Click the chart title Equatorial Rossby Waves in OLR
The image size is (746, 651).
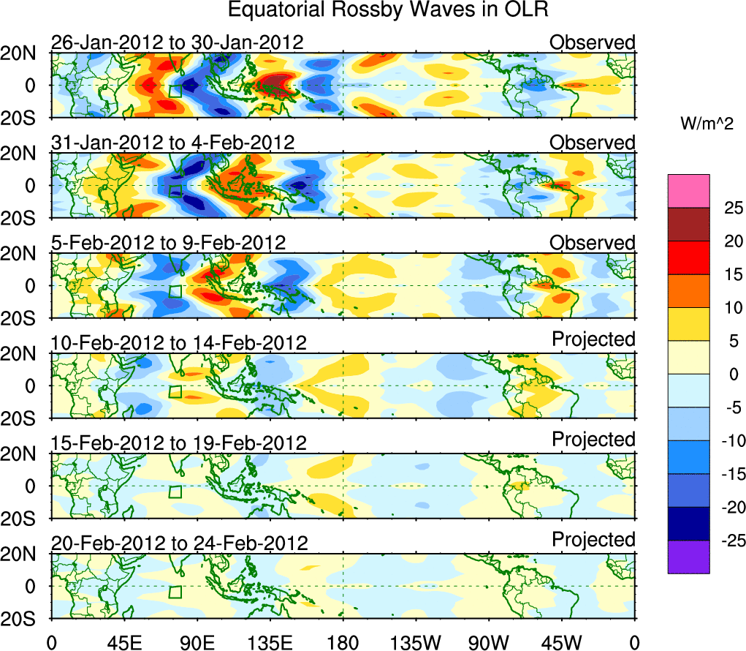click(387, 10)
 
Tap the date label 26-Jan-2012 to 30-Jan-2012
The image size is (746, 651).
click(177, 42)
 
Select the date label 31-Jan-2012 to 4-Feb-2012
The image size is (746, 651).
click(173, 143)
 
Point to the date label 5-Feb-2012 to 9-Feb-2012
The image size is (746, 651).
click(168, 243)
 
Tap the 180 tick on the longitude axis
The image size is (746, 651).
click(343, 642)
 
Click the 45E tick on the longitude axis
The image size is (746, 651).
click(123, 642)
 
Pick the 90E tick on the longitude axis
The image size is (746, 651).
click(197, 642)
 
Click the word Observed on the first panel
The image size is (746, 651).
click(593, 42)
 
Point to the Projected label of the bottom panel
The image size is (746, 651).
click(593, 540)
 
